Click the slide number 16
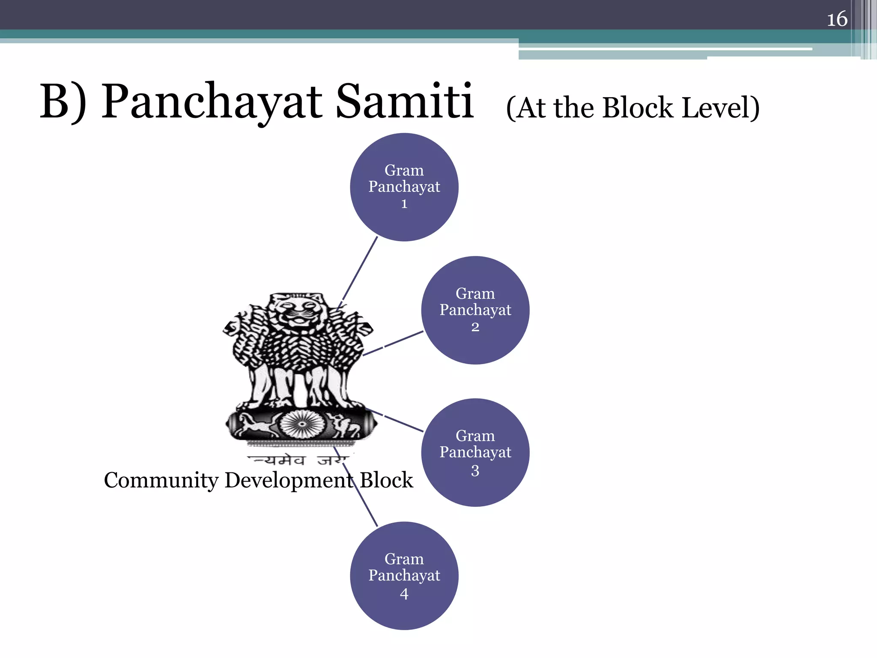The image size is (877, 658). click(x=837, y=19)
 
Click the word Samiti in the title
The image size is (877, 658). click(x=404, y=102)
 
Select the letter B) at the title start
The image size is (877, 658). click(x=63, y=102)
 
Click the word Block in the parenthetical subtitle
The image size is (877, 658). click(x=638, y=108)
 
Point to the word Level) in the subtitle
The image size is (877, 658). click(x=720, y=108)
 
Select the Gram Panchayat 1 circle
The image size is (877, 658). click(x=404, y=187)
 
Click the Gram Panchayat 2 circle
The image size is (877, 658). click(x=475, y=310)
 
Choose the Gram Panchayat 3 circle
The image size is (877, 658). click(x=475, y=452)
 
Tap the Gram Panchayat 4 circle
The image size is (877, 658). click(x=404, y=575)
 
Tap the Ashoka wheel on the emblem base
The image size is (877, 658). click(x=301, y=424)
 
